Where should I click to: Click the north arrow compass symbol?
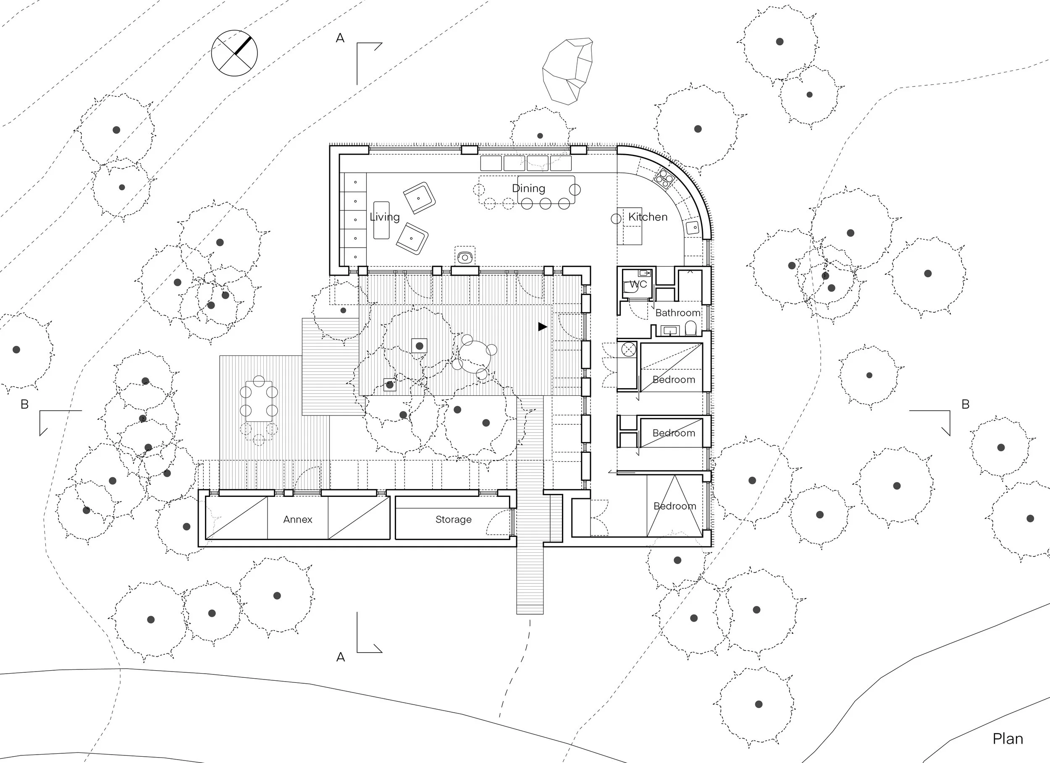point(234,53)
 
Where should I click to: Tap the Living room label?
point(385,217)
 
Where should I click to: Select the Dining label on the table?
point(528,188)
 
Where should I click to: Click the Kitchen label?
point(648,217)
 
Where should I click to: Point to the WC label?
point(638,284)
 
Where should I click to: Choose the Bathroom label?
point(677,313)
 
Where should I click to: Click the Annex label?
point(298,520)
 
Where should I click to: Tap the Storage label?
point(453,520)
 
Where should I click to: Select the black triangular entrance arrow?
point(543,327)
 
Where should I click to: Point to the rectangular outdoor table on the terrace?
point(259,401)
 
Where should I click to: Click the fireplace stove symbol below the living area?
point(465,257)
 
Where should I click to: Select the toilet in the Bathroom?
point(690,329)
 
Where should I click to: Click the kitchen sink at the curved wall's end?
point(693,227)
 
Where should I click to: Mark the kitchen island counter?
point(630,226)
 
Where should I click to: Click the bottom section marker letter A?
point(340,657)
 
